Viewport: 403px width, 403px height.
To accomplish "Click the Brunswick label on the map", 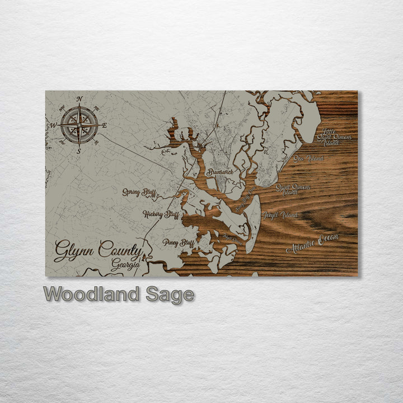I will (x=219, y=172).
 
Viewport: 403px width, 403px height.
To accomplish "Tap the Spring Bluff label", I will (x=139, y=193).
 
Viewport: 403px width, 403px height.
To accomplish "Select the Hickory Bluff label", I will (x=161, y=214).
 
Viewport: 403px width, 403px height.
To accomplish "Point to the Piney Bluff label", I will (x=178, y=242).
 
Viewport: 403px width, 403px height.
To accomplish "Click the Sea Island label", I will (x=308, y=159).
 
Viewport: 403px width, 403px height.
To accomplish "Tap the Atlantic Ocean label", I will (x=312, y=244).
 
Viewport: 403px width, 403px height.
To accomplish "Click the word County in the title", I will (x=120, y=250).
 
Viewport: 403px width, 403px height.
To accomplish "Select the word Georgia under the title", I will (x=125, y=265).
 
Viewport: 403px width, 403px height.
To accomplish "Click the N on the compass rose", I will (x=79, y=100).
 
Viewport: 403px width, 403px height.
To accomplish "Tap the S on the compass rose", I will (x=79, y=151).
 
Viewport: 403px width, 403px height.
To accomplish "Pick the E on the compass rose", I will (x=104, y=125).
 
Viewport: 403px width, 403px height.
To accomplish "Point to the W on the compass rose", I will (x=54, y=125).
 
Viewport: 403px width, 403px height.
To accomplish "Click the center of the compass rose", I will (x=79, y=125).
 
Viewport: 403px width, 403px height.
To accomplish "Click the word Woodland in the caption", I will (x=92, y=294).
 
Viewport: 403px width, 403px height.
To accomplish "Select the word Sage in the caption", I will (x=170, y=294).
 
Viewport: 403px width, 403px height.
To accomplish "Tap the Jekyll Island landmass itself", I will (x=253, y=215).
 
